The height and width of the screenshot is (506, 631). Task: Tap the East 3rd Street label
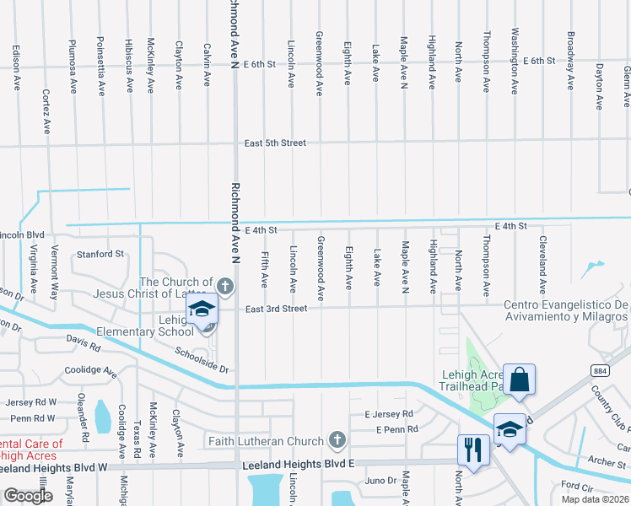click(276, 309)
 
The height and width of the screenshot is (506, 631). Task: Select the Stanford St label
click(100, 253)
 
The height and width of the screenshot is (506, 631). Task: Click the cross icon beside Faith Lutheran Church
click(337, 439)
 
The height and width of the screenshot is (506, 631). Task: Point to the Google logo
click(28, 496)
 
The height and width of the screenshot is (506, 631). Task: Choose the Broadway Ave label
click(571, 61)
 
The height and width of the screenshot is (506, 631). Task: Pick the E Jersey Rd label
click(388, 414)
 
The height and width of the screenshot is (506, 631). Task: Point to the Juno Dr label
click(380, 481)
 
